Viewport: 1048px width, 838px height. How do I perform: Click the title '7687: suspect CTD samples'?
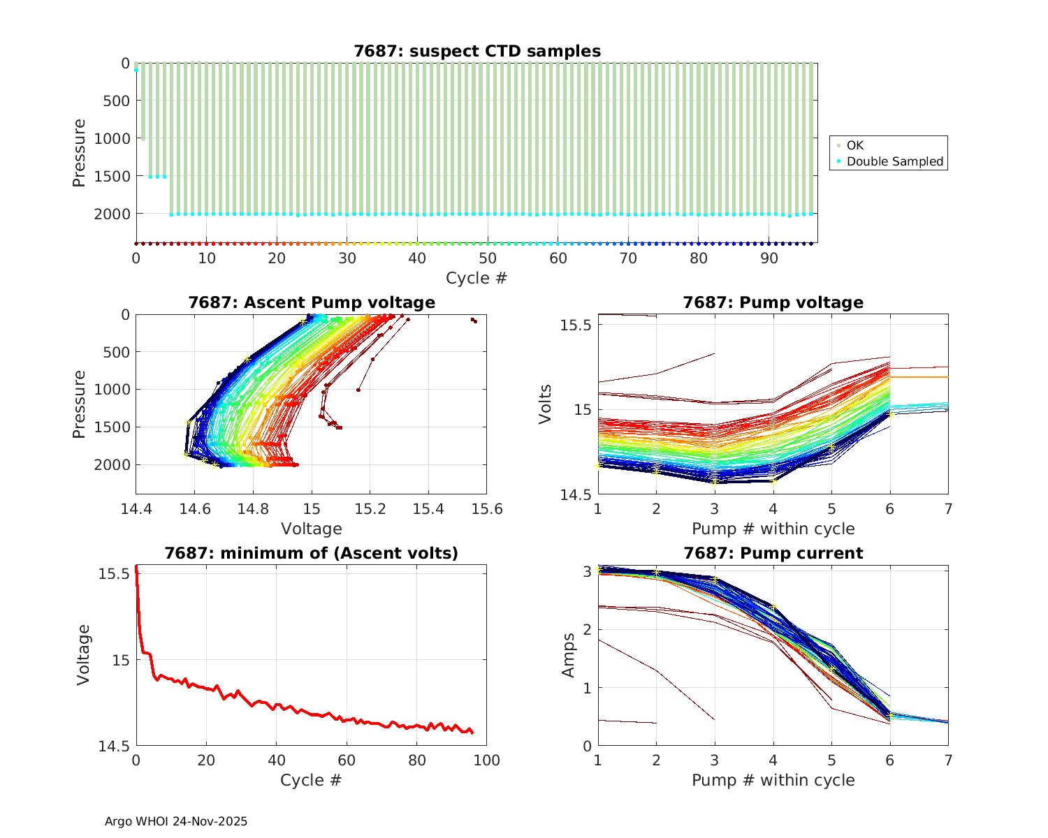coord(477,51)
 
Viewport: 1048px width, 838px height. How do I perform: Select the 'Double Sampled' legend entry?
coord(895,161)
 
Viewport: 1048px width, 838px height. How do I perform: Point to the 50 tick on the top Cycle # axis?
coord(488,258)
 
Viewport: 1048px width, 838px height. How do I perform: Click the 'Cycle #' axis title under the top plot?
coord(476,278)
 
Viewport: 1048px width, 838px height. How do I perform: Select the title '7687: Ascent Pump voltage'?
coord(312,302)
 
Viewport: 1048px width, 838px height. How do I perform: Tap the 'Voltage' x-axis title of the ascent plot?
coord(312,529)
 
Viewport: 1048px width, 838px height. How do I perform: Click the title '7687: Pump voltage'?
coord(773,302)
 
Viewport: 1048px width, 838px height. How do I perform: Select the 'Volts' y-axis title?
coord(546,404)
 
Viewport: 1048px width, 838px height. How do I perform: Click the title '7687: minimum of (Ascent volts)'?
coord(312,554)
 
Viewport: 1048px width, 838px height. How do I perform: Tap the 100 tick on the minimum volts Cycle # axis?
coord(487,760)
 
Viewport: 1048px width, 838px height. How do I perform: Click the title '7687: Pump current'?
coord(773,554)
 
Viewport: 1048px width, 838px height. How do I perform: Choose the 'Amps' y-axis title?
coord(569,655)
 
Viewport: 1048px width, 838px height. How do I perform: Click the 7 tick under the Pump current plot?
coord(948,760)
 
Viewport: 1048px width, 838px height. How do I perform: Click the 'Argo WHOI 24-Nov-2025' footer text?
coord(176,822)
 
